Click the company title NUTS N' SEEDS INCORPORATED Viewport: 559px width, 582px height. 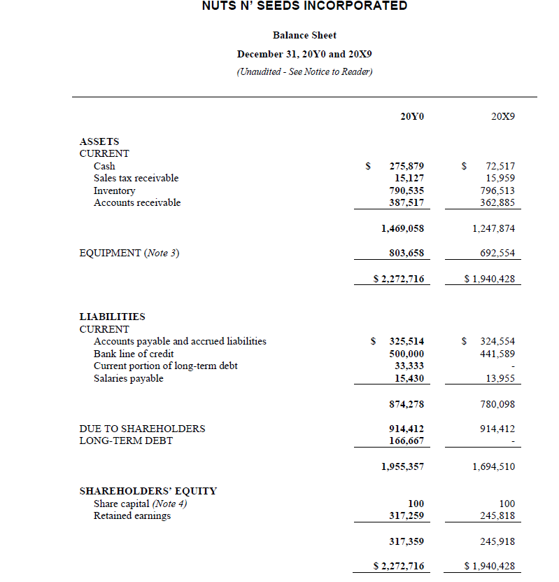coord(304,6)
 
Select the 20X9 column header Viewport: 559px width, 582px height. coord(502,117)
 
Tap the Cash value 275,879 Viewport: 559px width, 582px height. coord(406,166)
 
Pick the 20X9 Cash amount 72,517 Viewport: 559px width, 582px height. coord(500,166)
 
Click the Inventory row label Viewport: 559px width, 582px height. coord(114,190)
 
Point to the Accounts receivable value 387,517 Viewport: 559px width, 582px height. coord(406,202)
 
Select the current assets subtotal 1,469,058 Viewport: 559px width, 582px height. coord(402,228)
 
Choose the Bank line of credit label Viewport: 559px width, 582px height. coord(134,354)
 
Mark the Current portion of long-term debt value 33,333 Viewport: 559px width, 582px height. coord(409,366)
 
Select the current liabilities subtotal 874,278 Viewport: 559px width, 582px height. coord(406,404)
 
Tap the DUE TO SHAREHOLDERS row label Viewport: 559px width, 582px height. coord(142,429)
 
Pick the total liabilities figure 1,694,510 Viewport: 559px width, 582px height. coord(493,466)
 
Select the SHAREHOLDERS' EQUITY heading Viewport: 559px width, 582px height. coord(148,491)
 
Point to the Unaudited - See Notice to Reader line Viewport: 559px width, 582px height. coord(304,71)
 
